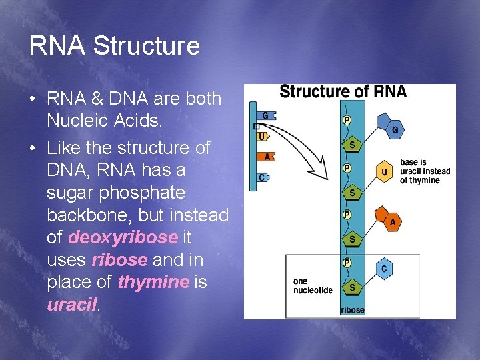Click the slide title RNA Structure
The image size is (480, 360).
[114, 46]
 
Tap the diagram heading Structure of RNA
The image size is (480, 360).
[343, 92]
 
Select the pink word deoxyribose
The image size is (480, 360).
[123, 237]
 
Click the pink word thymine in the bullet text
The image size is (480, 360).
[153, 282]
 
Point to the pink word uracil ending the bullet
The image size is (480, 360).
[72, 305]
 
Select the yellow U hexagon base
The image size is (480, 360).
[384, 172]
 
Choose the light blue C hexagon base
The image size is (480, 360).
[383, 269]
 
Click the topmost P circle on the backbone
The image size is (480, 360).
[347, 120]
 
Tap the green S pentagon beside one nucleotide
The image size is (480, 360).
[352, 287]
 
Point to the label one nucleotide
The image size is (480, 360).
[313, 286]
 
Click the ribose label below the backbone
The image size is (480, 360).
[353, 310]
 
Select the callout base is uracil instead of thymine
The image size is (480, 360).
[424, 171]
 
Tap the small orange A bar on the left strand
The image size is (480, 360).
[266, 157]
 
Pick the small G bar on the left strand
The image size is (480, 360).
[265, 116]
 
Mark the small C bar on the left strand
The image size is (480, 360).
[265, 177]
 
